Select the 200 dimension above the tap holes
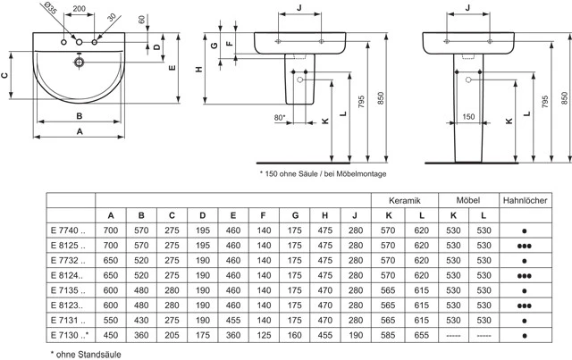coord(80,8)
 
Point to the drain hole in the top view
coord(79,62)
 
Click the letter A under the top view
coord(80,131)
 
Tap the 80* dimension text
coord(280,117)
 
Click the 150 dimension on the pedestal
coord(468,117)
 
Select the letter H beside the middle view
coord(199,70)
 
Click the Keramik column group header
coord(405,201)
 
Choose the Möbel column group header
coord(468,200)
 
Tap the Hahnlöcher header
coord(525,200)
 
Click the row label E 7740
coord(68,230)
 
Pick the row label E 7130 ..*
coord(70,335)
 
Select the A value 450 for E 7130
coord(111,335)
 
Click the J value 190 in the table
coord(356,335)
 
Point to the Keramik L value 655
coord(421,335)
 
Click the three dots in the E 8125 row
coord(525,247)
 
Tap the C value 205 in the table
coord(172,335)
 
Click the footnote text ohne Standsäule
coord(88,354)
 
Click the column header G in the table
coord(295,215)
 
